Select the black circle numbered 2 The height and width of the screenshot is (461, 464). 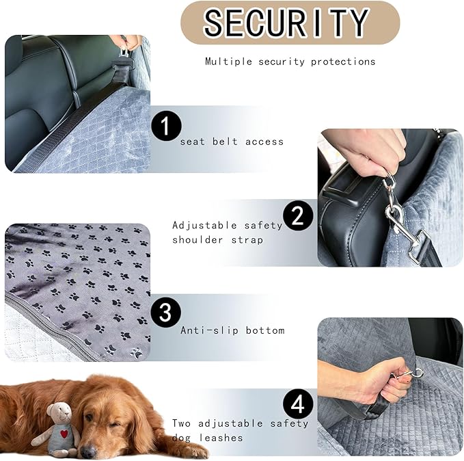pyautogui.click(x=297, y=216)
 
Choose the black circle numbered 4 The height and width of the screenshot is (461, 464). pyautogui.click(x=297, y=404)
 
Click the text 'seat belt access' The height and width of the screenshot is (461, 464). pyautogui.click(x=231, y=142)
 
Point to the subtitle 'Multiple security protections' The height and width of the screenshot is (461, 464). pyautogui.click(x=290, y=62)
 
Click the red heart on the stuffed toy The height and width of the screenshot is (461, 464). pyautogui.click(x=62, y=434)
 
